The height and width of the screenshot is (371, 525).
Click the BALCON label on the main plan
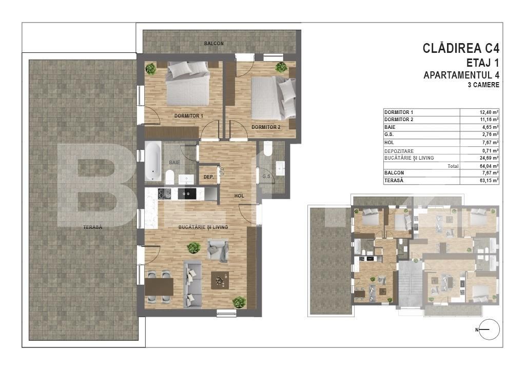pos(214,44)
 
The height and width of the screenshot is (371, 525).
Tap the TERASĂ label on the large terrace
pos(93,227)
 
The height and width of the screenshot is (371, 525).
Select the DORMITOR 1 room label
pos(188,116)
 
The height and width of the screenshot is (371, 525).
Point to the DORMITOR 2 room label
pos(266,127)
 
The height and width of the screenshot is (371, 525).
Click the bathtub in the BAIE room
pos(153,162)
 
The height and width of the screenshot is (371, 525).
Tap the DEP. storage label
pos(208,177)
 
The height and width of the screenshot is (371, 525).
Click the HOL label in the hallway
pos(239,196)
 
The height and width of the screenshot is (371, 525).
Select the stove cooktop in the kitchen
pos(164,193)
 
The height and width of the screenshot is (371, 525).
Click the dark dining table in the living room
pos(159,287)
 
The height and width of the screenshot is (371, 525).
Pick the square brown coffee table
pos(220,280)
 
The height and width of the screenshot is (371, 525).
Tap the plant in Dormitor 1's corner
pos(151,69)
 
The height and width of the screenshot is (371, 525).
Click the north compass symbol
pos(489,329)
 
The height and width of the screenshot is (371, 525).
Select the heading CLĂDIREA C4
pos(461,49)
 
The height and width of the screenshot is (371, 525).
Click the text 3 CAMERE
pos(483,85)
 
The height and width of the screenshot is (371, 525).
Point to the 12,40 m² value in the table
pos(489,112)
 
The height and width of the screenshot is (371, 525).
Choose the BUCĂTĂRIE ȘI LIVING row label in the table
pos(409,158)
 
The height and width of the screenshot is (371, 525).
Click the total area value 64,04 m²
pos(489,166)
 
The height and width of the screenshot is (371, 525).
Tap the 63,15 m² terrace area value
pos(489,181)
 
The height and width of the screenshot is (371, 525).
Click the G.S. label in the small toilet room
pos(267,176)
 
